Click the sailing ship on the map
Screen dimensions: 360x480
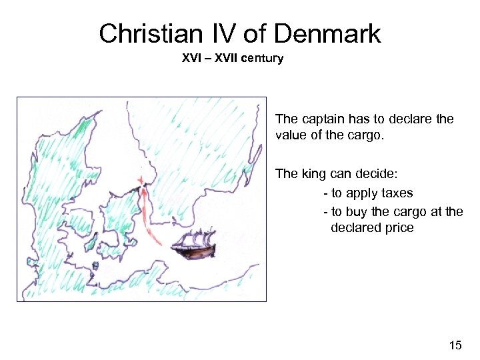(193, 243)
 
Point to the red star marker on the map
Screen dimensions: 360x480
(141, 180)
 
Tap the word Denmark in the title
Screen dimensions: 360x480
(327, 33)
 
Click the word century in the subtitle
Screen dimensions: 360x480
(262, 58)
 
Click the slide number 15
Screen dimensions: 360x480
(455, 345)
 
